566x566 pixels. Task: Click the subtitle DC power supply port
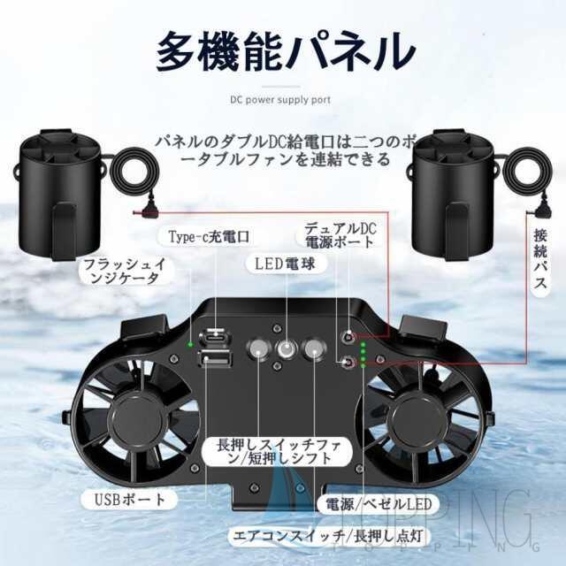click(283, 100)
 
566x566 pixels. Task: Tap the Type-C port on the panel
click(215, 337)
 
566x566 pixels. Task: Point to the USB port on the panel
click(215, 358)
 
